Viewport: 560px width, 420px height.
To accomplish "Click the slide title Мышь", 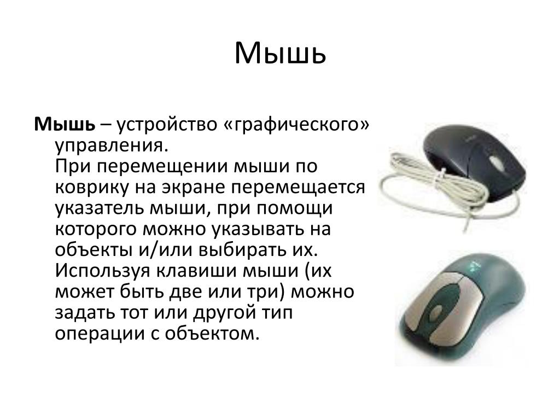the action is click(280, 53).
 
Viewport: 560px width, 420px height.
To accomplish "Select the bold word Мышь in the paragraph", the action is click(65, 124).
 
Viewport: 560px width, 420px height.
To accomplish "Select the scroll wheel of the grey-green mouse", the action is click(436, 314).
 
